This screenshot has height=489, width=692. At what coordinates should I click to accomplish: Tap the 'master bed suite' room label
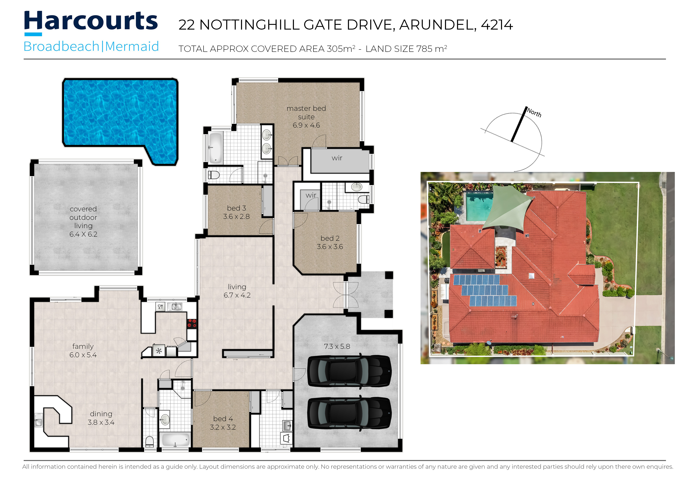pos(306,117)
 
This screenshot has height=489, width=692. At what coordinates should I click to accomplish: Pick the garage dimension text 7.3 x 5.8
pos(337,346)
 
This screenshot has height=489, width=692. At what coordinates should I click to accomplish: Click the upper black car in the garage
pos(349,371)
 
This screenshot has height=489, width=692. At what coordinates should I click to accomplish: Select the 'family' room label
pos(83,346)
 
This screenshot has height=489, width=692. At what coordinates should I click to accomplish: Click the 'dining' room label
pos(101,414)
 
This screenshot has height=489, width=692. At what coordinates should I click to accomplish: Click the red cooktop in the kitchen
pos(192,323)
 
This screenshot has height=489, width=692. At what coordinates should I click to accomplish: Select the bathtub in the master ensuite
pos(215,148)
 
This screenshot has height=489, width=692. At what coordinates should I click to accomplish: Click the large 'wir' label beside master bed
pos(337,158)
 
